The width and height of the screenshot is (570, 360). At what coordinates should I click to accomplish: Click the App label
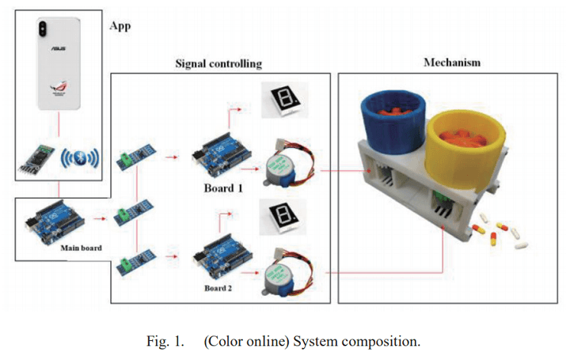tap(121, 25)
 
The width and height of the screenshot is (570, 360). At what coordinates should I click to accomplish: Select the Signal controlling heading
tap(218, 63)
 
